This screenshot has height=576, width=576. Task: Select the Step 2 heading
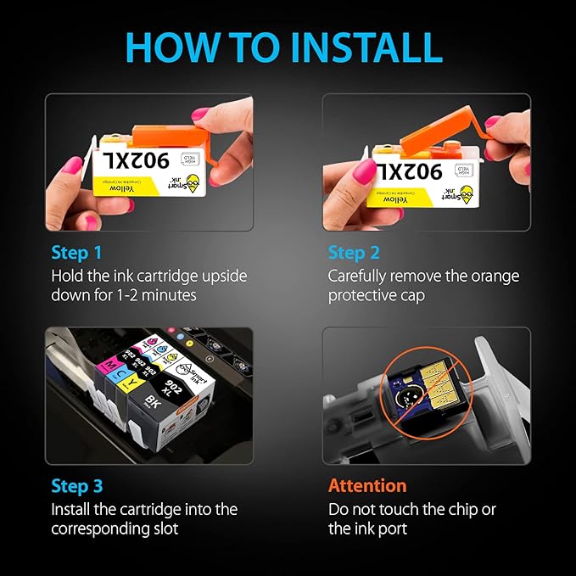coord(354,253)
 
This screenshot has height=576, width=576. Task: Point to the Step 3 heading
coord(76,486)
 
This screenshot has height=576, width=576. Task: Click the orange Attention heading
coord(367,486)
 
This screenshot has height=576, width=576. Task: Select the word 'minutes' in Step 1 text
coord(169,296)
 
